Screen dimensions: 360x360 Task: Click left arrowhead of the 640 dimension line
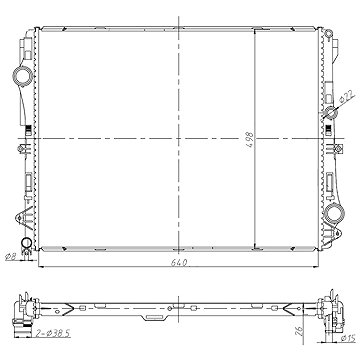point(40,271)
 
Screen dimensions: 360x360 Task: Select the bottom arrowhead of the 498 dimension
point(256,248)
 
